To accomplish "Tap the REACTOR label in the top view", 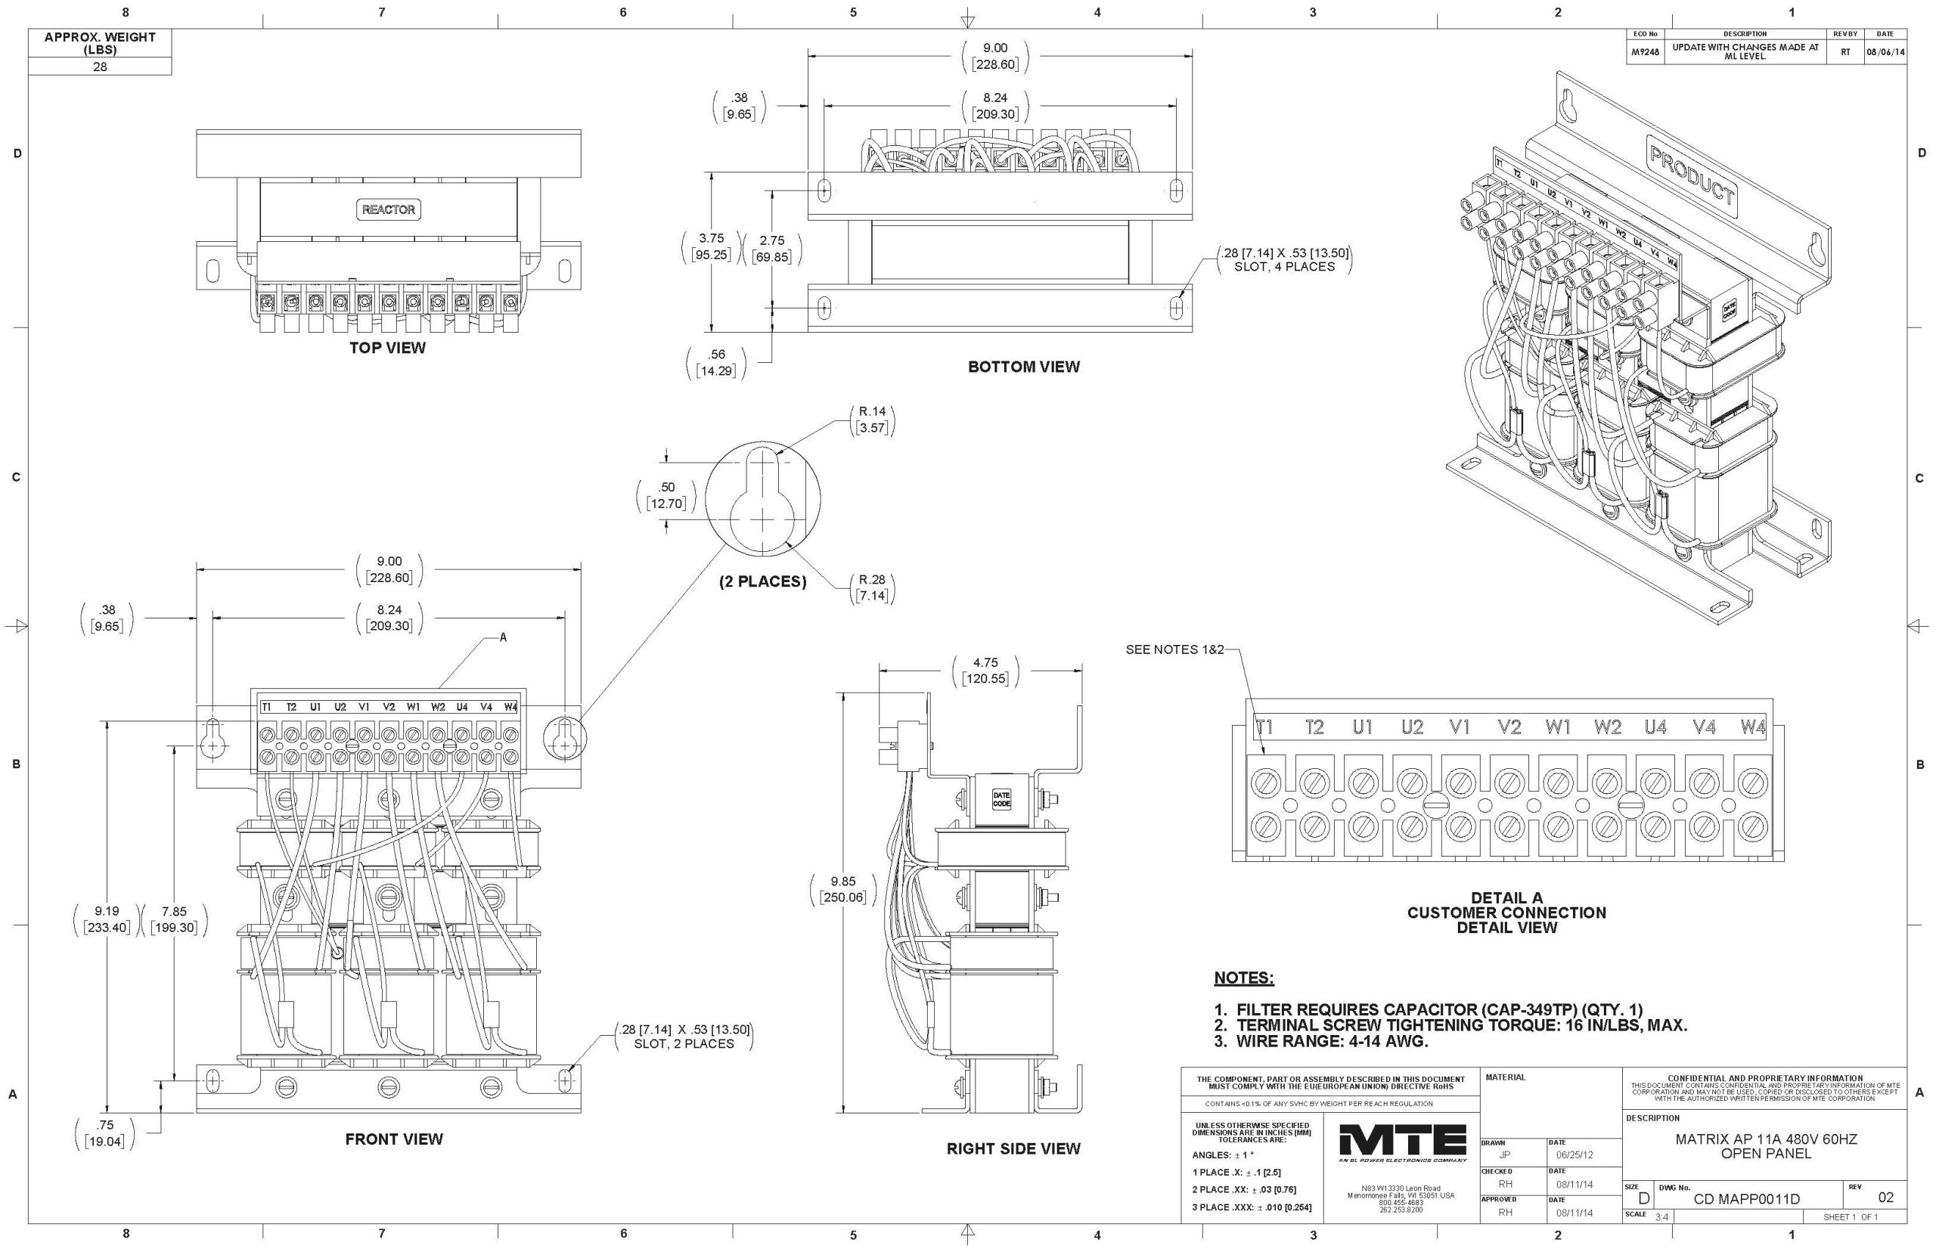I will coord(388,209).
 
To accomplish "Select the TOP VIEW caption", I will coord(387,348).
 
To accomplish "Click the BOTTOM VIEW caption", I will coord(1023,367).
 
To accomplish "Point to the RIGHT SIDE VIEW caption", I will coord(1013,1148).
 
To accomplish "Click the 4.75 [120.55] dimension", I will coord(985,671).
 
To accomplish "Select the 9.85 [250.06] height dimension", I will coord(842,889).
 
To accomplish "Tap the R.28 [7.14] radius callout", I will coord(872,587).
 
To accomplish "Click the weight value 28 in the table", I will coord(99,67).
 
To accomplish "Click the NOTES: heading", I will coord(1243,978).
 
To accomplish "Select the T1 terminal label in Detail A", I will coord(1264,727).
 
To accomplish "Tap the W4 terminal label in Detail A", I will coord(1752,727).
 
